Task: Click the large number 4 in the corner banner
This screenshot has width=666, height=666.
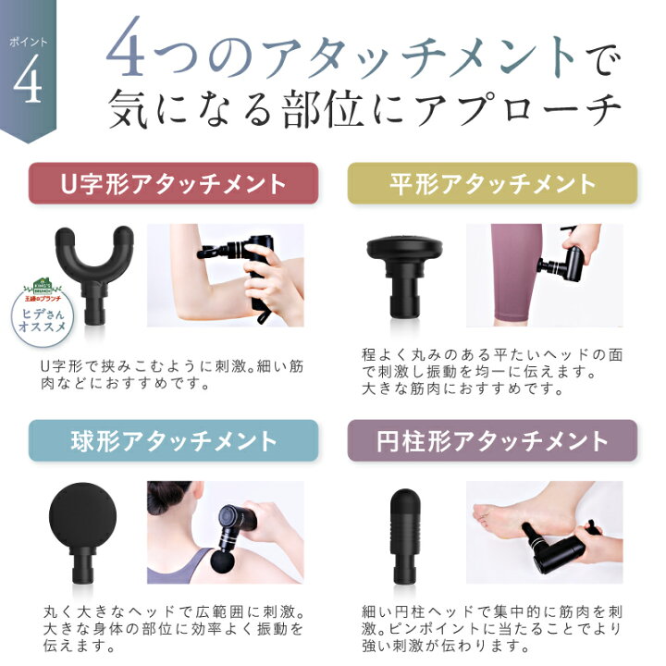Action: [28, 79]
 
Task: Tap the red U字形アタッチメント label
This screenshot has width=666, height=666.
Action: [173, 183]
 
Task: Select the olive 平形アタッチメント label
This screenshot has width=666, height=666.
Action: [492, 183]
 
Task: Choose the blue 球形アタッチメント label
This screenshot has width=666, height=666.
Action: [173, 441]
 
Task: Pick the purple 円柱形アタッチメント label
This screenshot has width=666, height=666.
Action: [492, 441]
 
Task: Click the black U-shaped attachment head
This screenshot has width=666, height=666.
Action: [93, 272]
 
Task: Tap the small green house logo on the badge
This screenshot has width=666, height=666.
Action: [42, 286]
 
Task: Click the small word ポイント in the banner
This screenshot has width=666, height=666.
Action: [28, 42]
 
